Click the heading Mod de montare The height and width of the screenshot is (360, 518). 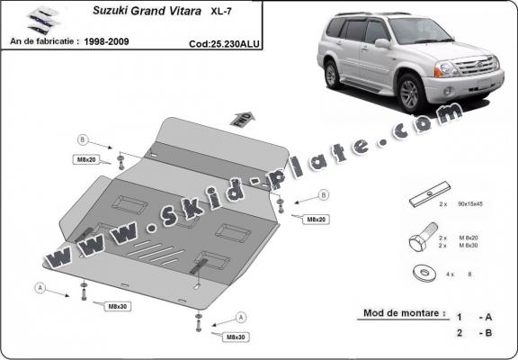pos(403,314)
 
